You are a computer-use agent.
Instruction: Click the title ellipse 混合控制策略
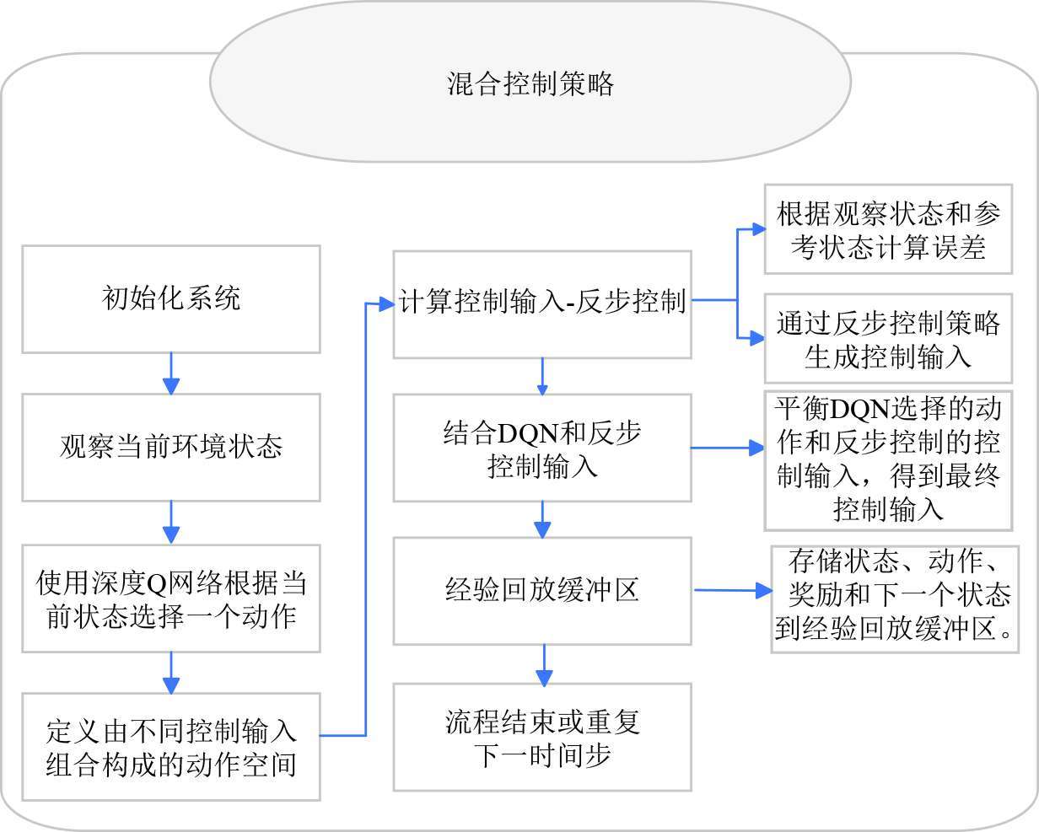pyautogui.click(x=530, y=82)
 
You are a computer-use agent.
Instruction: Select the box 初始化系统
pyautogui.click(x=171, y=299)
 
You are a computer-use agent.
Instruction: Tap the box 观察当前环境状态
pyautogui.click(x=171, y=448)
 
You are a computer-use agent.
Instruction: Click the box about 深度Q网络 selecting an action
pyautogui.click(x=171, y=599)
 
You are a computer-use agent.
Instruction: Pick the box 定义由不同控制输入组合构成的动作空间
pyautogui.click(x=171, y=747)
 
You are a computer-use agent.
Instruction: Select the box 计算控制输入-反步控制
pyautogui.click(x=542, y=304)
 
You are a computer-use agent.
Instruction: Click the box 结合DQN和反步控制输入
pyautogui.click(x=542, y=448)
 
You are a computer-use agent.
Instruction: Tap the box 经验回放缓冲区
pyautogui.click(x=542, y=591)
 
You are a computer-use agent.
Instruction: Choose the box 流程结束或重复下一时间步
pyautogui.click(x=542, y=738)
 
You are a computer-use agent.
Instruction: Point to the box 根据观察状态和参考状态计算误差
pyautogui.click(x=888, y=229)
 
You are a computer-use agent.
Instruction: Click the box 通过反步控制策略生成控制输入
pyautogui.click(x=888, y=338)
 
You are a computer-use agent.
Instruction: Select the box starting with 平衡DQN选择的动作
pyautogui.click(x=888, y=461)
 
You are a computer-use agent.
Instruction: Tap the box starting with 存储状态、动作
pyautogui.click(x=895, y=599)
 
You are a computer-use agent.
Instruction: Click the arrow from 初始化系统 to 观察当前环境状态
pyautogui.click(x=171, y=373)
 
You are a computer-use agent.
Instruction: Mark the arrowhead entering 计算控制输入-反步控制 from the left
pyautogui.click(x=387, y=304)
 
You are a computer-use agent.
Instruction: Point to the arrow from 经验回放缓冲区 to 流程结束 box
pyautogui.click(x=544, y=665)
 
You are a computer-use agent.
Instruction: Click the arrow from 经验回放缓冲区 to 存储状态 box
pyautogui.click(x=733, y=590)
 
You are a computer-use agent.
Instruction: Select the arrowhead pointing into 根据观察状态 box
pyautogui.click(x=759, y=228)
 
